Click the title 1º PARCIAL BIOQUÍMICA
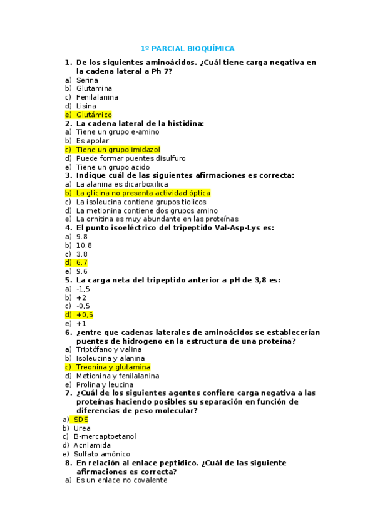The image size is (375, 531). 187,48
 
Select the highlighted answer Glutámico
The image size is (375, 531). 94,115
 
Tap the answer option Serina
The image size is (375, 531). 87,80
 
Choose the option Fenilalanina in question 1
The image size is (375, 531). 97,97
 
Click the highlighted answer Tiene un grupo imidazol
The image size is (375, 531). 118,150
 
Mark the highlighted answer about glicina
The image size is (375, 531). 143,193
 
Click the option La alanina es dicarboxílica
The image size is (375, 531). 122,185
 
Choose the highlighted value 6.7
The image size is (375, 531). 82,262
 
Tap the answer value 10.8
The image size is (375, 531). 84,245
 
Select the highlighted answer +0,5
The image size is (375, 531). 85,315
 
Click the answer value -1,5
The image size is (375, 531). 83,289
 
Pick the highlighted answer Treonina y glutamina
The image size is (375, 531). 113,367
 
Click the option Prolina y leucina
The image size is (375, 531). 105,384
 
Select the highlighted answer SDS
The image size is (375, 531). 81,419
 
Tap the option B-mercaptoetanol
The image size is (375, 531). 105,436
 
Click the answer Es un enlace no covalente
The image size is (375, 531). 121,480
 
